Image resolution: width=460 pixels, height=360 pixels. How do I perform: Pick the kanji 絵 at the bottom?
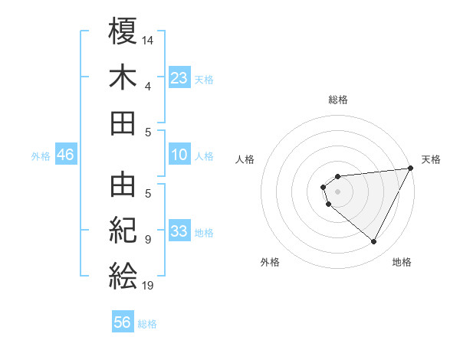123,276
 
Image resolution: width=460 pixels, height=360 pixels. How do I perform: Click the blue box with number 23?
179,77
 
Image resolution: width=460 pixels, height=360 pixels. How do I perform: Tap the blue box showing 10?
179,155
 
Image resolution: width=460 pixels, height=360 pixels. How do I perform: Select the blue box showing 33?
179,231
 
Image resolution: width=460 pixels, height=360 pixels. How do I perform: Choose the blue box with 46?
66,155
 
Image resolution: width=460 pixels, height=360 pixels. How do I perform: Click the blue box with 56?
123,322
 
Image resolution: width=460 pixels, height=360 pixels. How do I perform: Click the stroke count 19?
148,285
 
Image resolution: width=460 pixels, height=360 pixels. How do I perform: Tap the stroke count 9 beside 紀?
148,239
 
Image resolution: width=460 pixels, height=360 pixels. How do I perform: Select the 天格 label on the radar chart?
431,159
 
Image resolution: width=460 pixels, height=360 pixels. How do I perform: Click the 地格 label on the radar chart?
402,262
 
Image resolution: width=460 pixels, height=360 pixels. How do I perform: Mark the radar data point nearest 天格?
410,168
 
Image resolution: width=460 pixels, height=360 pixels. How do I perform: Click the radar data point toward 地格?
373,242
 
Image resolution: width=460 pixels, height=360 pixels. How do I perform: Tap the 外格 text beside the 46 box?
41,155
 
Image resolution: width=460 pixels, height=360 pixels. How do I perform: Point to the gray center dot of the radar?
337,191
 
